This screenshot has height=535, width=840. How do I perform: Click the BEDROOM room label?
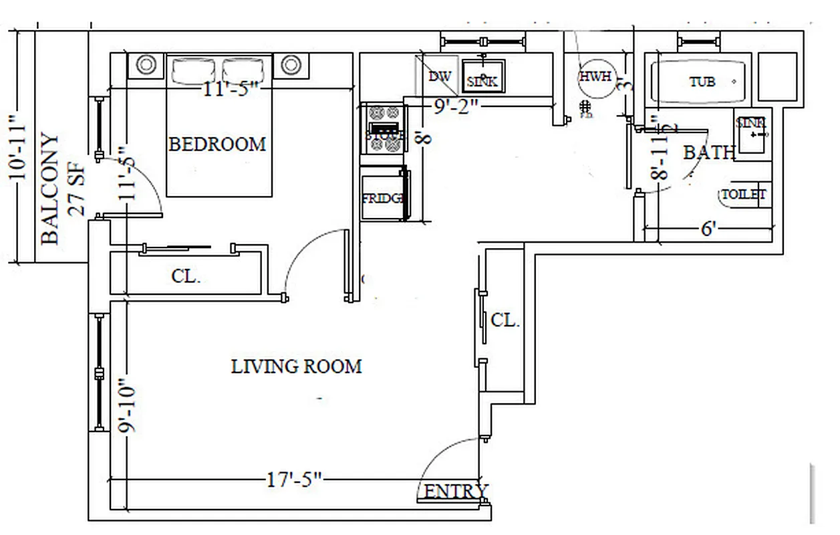tap(217, 144)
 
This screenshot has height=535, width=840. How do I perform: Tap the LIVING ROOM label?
tap(296, 366)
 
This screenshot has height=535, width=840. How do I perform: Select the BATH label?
tap(708, 152)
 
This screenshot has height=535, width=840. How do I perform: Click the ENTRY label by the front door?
tap(456, 492)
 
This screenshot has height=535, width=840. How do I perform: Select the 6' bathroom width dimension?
tap(709, 229)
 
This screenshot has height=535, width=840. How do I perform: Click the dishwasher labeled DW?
tap(438, 76)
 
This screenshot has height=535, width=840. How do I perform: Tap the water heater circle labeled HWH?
tap(595, 76)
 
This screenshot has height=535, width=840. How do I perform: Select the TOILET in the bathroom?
tap(743, 195)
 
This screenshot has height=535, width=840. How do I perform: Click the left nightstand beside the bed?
tap(146, 65)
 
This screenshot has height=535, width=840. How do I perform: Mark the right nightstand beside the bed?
tap(290, 65)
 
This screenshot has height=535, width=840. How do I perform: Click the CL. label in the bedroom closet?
tap(185, 276)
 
